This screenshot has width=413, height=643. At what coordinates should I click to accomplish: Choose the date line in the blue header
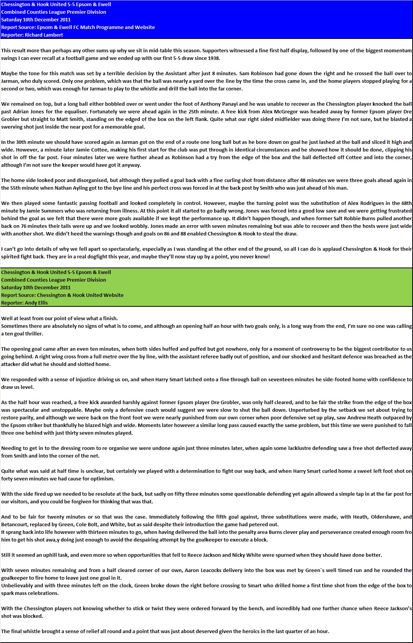coord(36,19)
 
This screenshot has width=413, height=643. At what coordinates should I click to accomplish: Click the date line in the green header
coord(36,287)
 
